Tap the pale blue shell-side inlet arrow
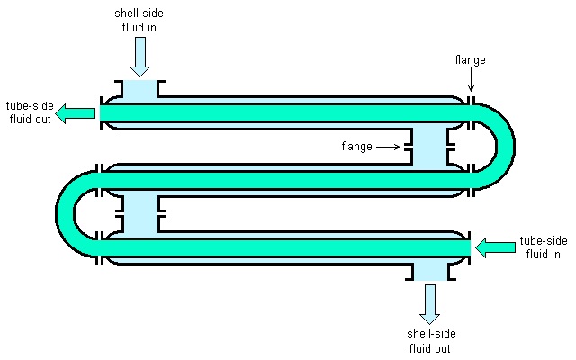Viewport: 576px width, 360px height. click(x=139, y=58)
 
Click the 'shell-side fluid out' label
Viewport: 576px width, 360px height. click(x=429, y=341)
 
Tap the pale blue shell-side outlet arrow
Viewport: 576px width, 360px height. click(x=429, y=303)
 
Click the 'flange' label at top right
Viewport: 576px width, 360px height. click(x=470, y=60)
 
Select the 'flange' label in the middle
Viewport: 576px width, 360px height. click(x=356, y=146)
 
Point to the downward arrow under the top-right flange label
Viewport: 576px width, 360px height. click(x=470, y=82)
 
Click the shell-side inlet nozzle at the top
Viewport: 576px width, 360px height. click(x=139, y=91)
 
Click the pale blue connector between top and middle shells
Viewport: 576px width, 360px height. click(x=429, y=146)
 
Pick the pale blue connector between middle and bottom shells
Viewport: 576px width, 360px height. click(x=139, y=212)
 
